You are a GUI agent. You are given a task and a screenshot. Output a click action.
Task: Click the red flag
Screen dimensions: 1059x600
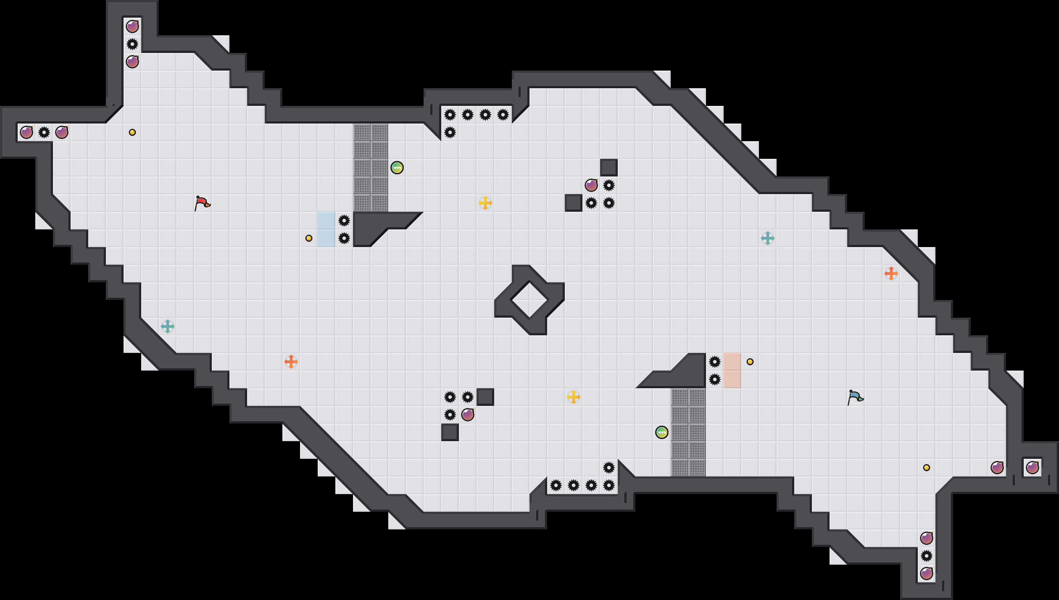point(202,203)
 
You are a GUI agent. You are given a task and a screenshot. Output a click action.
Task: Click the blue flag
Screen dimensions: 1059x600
point(855,397)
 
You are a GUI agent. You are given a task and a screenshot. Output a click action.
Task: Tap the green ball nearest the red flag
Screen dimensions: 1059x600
point(397,168)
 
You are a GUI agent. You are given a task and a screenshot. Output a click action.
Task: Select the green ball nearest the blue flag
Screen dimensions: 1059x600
point(662,432)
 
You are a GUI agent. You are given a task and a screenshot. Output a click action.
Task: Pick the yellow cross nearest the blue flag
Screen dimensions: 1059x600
point(574,397)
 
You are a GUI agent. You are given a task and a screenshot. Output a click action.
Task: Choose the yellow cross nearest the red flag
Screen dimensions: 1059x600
point(485,203)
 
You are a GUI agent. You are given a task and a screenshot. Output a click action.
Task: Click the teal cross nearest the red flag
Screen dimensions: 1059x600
point(168,326)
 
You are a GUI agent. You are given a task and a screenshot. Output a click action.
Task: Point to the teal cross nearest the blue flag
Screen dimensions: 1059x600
point(768,238)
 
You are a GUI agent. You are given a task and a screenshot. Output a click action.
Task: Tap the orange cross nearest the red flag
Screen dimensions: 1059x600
point(291,362)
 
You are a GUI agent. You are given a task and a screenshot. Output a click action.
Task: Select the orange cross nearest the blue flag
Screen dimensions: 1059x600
point(891,274)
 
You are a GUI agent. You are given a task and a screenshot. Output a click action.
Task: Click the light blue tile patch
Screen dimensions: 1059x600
point(327,229)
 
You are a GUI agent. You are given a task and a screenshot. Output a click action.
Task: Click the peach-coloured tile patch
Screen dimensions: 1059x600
point(732,371)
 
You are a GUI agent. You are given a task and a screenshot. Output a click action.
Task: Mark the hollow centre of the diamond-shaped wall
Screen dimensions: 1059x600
point(529,300)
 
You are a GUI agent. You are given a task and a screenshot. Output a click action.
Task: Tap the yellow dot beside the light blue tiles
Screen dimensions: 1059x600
point(309,238)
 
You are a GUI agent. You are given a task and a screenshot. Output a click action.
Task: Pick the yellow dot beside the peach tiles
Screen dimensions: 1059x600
point(750,362)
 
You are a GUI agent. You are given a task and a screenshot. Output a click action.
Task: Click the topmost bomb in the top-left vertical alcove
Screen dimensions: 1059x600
point(132,26)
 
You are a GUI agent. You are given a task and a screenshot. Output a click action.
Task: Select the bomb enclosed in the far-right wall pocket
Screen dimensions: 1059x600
point(1033,468)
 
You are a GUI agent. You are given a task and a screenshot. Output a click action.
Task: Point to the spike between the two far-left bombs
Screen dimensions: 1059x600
point(44,132)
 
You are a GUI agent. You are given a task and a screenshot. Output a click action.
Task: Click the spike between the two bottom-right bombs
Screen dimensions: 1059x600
point(927,556)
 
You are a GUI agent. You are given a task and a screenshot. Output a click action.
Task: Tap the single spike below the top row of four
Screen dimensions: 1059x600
point(450,132)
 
